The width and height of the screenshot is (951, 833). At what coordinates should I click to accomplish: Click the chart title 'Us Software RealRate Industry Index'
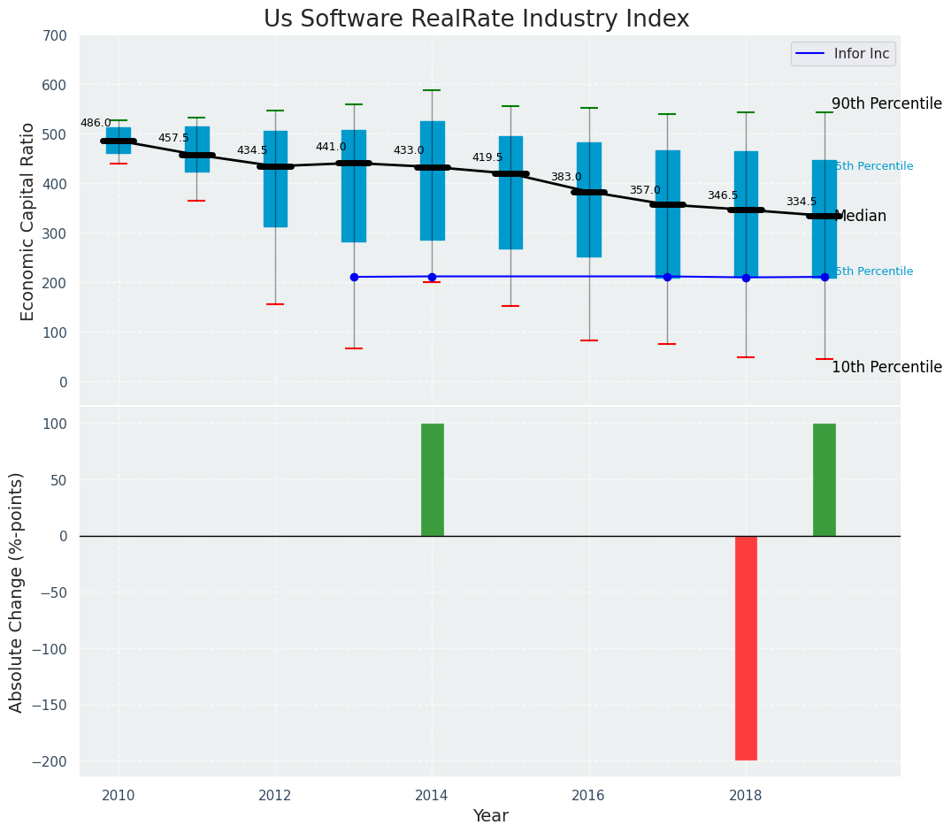tap(476, 19)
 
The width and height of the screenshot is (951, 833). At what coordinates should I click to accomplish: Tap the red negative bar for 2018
tap(746, 647)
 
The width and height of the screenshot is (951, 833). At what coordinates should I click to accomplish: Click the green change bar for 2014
tap(432, 479)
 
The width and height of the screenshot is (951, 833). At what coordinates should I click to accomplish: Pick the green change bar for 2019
tap(824, 479)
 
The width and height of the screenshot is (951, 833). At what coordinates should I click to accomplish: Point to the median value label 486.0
tap(96, 123)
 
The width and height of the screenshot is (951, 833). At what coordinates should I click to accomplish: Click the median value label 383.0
tap(566, 177)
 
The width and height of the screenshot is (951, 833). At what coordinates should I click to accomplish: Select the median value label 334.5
tap(801, 202)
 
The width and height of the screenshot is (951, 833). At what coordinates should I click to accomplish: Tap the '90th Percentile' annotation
tap(886, 103)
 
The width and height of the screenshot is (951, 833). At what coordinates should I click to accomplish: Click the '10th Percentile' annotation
tap(886, 367)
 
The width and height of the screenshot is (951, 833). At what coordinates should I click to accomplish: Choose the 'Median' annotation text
tap(860, 216)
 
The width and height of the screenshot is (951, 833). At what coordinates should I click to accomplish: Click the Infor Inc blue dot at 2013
tap(354, 277)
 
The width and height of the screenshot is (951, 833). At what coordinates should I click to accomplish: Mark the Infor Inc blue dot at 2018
tap(746, 278)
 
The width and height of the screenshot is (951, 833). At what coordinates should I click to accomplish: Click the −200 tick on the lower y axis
tap(49, 762)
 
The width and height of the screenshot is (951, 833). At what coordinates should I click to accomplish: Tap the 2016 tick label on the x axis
tap(588, 796)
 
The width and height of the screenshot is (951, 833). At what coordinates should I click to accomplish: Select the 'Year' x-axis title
tap(490, 816)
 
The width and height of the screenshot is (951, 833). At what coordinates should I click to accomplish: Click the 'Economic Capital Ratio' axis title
tap(27, 221)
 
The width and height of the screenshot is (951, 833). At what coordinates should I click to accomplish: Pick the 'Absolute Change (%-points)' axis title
tap(16, 592)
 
